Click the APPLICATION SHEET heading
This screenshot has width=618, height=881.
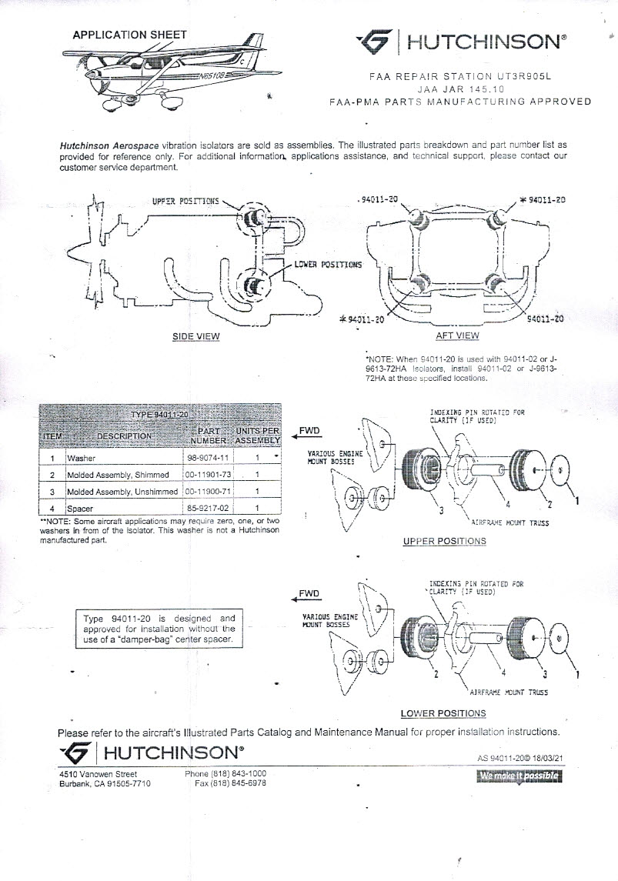tap(129, 35)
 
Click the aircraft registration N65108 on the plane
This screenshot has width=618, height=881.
tap(209, 77)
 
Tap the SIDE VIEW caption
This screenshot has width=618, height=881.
tap(195, 336)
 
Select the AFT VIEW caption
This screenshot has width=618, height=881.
tap(457, 335)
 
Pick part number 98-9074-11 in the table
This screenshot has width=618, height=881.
tap(204, 458)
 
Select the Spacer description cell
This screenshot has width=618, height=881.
tap(81, 509)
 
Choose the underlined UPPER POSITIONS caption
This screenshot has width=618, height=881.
tap(444, 542)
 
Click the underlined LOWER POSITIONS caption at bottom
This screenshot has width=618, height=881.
tap(443, 713)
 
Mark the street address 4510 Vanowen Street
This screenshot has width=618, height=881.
tap(99, 774)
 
